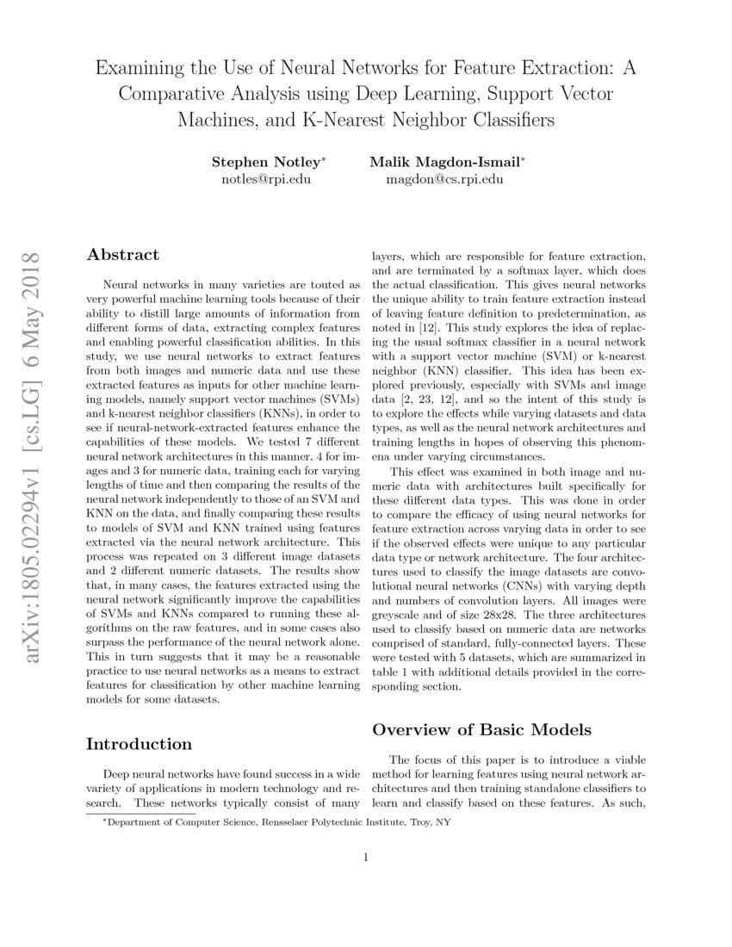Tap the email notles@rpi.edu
[x=267, y=180]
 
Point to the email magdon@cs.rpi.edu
[x=444, y=180]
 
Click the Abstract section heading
[x=123, y=255]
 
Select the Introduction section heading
[x=140, y=744]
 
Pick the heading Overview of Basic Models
[x=481, y=730]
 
